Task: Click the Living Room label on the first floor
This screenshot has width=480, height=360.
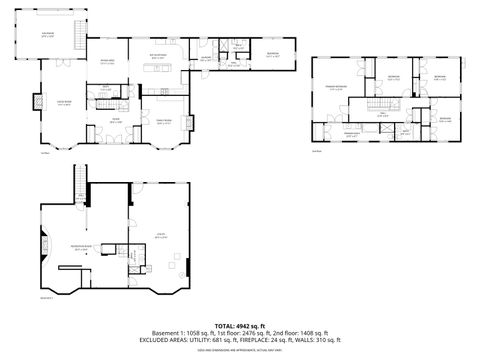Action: click(x=63, y=103)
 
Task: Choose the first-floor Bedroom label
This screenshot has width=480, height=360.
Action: click(x=272, y=56)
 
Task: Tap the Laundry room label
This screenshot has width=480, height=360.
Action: click(x=206, y=57)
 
